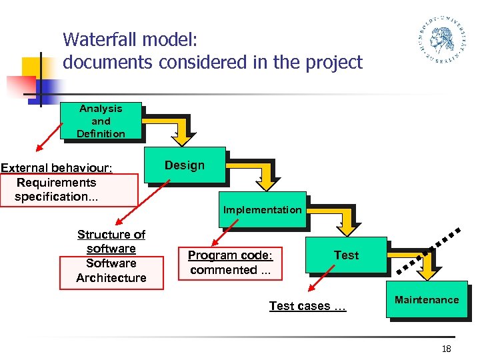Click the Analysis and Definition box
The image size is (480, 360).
click(101, 121)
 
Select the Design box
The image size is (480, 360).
click(185, 165)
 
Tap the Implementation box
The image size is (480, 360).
click(262, 210)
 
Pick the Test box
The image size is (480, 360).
click(346, 255)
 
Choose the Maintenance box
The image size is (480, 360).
click(427, 300)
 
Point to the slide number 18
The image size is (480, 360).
click(447, 349)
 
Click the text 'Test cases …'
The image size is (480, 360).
click(307, 306)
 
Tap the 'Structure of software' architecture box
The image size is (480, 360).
click(111, 256)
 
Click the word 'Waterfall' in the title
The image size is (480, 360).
click(100, 40)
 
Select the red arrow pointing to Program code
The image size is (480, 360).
click(225, 234)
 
